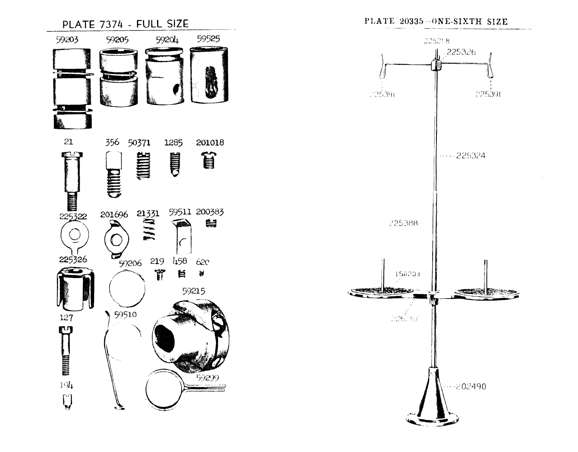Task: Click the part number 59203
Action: click(x=67, y=40)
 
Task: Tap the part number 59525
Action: click(x=208, y=39)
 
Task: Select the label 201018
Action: click(x=210, y=143)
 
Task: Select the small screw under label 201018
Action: click(x=208, y=160)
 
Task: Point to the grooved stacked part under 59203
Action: click(x=72, y=89)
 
